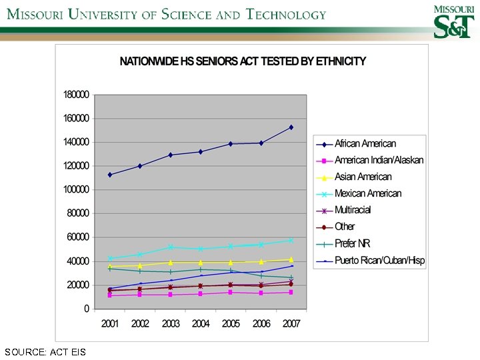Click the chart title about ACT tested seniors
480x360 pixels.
pos(243,61)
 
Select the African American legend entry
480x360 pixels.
pos(365,143)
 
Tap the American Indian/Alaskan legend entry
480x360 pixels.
pos(379,160)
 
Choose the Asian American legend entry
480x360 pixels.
pos(363,177)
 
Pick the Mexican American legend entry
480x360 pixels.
pos(368,193)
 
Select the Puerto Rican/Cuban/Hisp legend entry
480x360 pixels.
pos(379,260)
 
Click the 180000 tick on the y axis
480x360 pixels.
pos(76,95)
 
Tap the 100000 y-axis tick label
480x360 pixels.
pos(76,189)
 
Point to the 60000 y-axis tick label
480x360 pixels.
pos(78,237)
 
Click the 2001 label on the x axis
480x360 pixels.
pos(110,323)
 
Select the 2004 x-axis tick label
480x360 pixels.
pos(201,323)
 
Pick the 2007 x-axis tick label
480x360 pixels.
pos(291,323)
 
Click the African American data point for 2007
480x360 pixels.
pos(291,127)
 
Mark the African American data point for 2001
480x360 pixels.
pos(110,175)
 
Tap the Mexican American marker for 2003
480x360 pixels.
pos(171,247)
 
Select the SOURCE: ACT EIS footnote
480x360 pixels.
pos(45,351)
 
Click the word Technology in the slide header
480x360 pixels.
pos(287,15)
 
